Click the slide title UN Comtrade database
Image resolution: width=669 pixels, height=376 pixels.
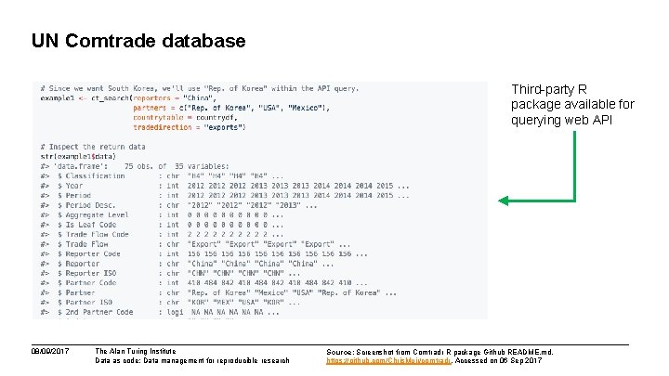tap(138, 41)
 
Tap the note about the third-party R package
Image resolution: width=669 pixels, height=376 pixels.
tap(571, 104)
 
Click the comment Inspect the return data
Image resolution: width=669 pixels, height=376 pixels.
tap(93, 147)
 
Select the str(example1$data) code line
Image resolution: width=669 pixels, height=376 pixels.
tap(80, 156)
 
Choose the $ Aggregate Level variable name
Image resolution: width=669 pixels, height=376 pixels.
tap(94, 214)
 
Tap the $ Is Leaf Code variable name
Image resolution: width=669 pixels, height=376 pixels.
tap(87, 225)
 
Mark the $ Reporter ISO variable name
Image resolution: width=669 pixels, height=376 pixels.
tap(89, 274)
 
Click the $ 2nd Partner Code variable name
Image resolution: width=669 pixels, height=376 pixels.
tap(97, 313)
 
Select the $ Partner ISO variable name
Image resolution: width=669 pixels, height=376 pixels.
tap(87, 303)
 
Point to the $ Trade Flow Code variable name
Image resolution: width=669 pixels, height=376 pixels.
tap(94, 234)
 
